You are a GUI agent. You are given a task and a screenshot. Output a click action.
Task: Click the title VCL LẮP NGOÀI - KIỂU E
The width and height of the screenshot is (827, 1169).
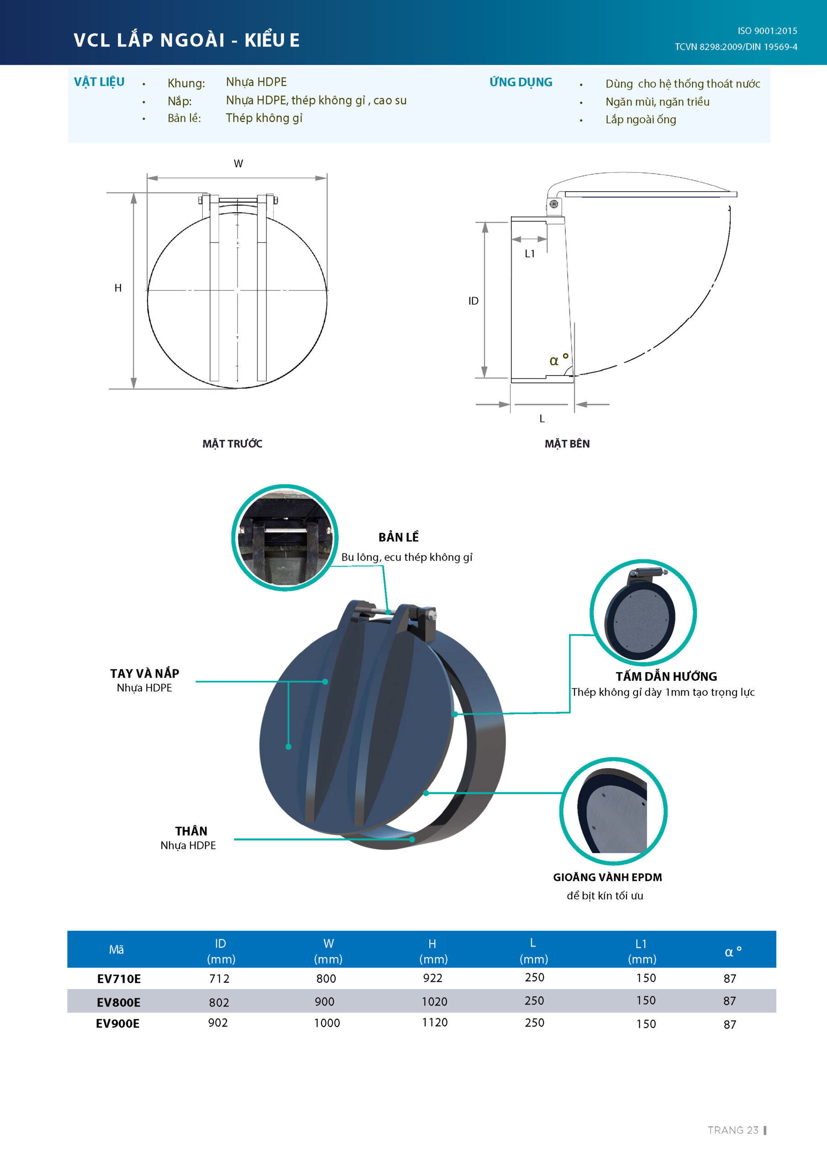[186, 39]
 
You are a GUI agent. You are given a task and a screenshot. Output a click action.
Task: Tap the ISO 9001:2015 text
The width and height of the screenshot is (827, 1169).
[767, 31]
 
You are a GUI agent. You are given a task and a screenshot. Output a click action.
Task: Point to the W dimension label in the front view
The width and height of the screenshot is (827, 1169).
[238, 163]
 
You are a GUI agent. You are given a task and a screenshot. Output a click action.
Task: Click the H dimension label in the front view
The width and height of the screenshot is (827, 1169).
[118, 288]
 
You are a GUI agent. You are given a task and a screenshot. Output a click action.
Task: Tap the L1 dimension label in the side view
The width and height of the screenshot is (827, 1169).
[530, 253]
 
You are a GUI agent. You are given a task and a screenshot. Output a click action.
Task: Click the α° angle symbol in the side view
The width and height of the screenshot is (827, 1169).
[558, 359]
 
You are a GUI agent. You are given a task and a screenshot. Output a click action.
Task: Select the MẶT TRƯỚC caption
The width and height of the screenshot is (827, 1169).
[232, 443]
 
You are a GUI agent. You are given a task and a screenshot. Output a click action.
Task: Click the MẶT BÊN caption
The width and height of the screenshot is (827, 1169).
[567, 443]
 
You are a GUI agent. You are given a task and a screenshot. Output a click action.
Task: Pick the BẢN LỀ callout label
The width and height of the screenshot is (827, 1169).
[399, 537]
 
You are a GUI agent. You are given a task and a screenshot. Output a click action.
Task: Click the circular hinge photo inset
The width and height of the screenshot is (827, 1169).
[284, 537]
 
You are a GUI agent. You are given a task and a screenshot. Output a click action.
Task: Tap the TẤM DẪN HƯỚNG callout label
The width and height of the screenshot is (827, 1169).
[666, 676]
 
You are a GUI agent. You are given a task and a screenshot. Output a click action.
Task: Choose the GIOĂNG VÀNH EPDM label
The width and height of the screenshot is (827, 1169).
[607, 877]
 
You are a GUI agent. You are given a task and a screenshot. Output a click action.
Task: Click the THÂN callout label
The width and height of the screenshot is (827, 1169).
[191, 831]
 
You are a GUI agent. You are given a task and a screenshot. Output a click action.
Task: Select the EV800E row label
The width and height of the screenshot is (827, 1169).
[119, 1002]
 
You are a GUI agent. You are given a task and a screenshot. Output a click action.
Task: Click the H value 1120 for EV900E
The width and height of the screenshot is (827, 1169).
[435, 1022]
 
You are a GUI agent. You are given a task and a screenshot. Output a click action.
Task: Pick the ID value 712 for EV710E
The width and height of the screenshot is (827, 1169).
[220, 979]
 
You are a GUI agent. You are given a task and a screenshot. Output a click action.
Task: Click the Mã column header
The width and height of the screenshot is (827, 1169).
[116, 949]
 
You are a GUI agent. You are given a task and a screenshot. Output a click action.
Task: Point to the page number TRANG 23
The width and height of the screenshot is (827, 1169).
[733, 1130]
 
